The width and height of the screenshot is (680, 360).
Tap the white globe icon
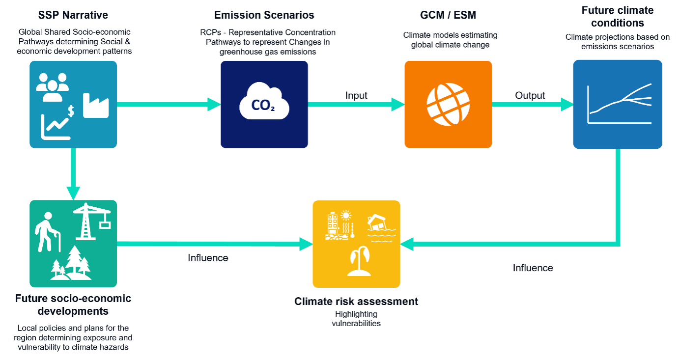(x=448, y=104)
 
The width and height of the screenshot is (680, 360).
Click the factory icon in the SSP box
(x=96, y=105)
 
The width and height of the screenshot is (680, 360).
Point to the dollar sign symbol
(x=71, y=111)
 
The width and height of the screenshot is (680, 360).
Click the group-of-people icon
(x=52, y=86)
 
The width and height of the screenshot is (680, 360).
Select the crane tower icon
(x=91, y=221)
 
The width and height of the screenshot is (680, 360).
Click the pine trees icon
(x=72, y=263)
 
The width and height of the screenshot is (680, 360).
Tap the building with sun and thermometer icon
(x=339, y=225)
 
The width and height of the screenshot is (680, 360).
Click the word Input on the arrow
(x=356, y=95)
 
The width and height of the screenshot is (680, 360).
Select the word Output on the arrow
(x=530, y=95)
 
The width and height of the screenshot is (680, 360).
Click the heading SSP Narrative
(x=73, y=15)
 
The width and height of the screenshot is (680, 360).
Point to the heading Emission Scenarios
(x=265, y=15)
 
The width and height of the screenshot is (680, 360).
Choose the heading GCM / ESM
(x=448, y=15)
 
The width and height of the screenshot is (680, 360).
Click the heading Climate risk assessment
(x=356, y=301)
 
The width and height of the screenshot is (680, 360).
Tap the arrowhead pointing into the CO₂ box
(x=214, y=104)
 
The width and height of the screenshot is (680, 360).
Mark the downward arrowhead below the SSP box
(x=73, y=193)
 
